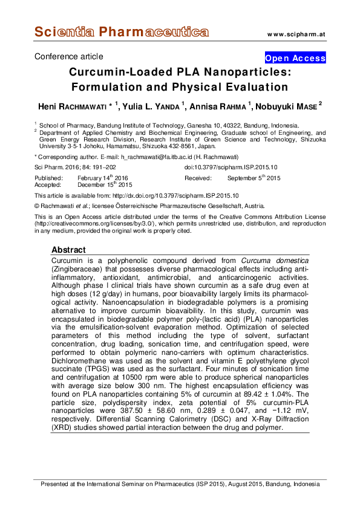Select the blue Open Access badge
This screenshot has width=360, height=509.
pos(295,58)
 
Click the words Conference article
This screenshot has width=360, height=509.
pos(69,57)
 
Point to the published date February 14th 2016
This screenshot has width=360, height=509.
pos(103,178)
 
